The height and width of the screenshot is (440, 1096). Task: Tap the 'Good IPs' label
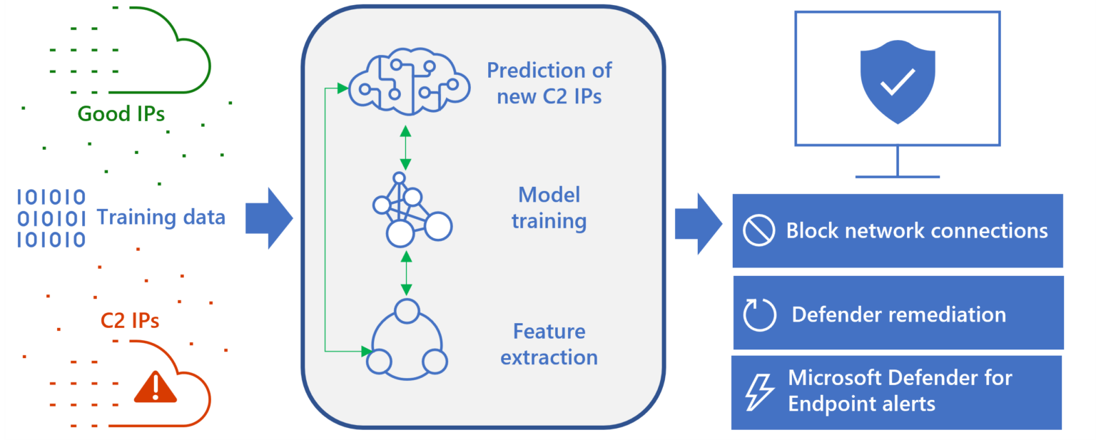(121, 114)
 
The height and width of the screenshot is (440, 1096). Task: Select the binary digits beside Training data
(51, 218)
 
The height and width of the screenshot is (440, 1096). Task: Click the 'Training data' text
(161, 218)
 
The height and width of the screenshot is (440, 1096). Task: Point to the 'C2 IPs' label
(129, 321)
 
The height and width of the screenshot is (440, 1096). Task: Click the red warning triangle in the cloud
(155, 387)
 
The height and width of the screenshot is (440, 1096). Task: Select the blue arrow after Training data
(269, 218)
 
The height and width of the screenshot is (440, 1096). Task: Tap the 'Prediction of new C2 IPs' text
(549, 83)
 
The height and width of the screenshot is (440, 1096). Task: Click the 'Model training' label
(549, 208)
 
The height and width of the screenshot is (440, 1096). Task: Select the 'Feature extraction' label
(549, 344)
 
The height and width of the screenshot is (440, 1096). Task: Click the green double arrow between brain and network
(405, 148)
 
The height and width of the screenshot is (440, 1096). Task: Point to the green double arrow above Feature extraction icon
(406, 272)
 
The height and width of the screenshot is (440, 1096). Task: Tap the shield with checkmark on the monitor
(897, 81)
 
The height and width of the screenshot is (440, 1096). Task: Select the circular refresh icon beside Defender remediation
(759, 314)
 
